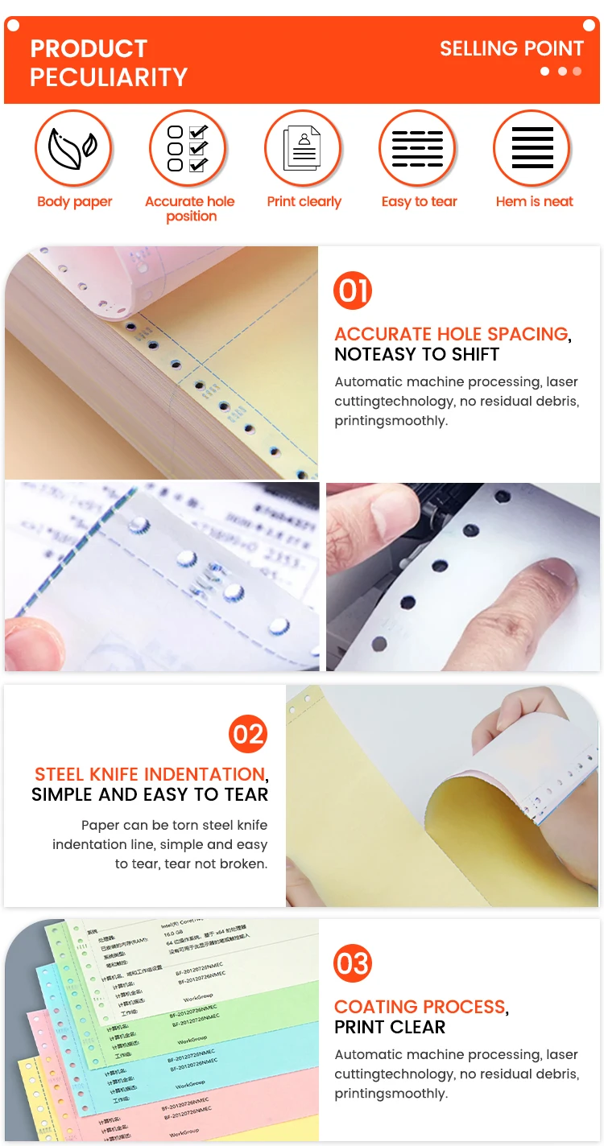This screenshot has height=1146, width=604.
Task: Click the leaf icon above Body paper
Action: click(x=73, y=149)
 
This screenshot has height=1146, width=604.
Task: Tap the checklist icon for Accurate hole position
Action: click(x=188, y=149)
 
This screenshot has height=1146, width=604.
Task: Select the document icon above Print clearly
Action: click(x=303, y=149)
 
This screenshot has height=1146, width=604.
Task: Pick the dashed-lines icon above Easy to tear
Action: click(x=418, y=149)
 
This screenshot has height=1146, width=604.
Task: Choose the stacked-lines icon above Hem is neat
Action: click(x=532, y=149)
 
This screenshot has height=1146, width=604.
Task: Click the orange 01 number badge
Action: click(x=353, y=291)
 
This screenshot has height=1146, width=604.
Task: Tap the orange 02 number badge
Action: click(x=248, y=734)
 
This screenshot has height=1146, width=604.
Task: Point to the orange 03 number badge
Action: click(x=353, y=963)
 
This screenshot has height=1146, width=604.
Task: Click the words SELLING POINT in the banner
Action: click(x=511, y=49)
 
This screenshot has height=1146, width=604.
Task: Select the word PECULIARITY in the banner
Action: click(x=109, y=77)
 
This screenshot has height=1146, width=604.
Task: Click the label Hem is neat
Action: click(x=534, y=201)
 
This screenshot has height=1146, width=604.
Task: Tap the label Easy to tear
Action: click(x=419, y=201)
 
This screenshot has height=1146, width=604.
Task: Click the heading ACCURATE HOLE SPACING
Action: click(x=451, y=334)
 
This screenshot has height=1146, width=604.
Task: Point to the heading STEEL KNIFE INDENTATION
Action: click(x=150, y=774)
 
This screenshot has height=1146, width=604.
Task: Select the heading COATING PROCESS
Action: click(x=420, y=1007)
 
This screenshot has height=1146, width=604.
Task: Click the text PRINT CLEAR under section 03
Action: click(x=390, y=1027)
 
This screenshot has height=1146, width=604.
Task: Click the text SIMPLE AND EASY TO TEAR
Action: click(x=150, y=794)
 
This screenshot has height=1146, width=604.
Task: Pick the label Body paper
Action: click(x=74, y=201)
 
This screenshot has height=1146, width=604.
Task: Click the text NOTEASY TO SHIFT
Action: click(x=416, y=354)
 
